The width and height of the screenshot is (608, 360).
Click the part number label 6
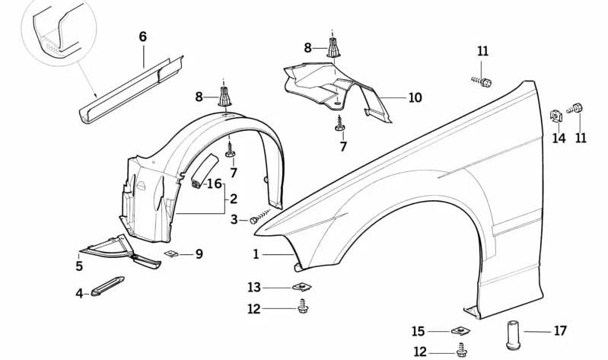point(142,37)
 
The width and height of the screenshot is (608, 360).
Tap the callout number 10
point(414,97)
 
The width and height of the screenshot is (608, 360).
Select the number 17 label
point(560,331)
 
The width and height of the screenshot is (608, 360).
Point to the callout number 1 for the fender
point(256,254)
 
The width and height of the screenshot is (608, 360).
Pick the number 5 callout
point(79,266)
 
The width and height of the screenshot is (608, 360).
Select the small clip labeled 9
point(171,253)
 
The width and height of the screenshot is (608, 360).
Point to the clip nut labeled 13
point(302,287)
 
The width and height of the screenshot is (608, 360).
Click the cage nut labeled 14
point(556,116)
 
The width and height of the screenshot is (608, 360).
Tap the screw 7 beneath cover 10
point(339,123)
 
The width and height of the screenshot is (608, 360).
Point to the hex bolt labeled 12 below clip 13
point(302,308)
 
